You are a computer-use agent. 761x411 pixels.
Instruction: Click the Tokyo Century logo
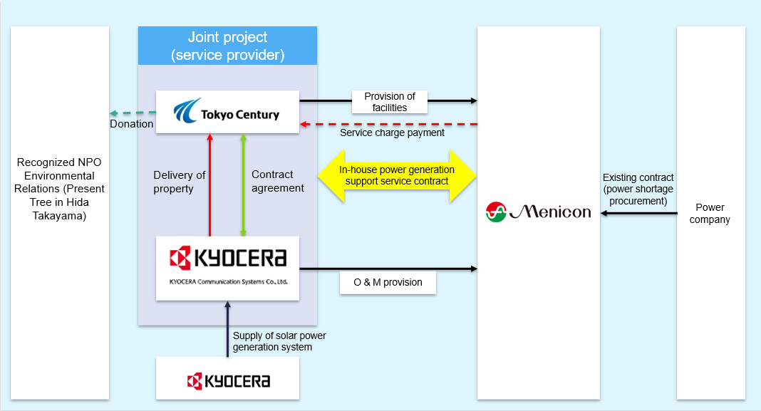pos(227,112)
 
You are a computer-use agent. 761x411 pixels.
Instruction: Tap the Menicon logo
pos(539,212)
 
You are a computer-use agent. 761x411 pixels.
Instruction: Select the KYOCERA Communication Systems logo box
pos(227,268)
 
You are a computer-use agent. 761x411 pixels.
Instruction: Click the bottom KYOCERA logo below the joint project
pos(228,380)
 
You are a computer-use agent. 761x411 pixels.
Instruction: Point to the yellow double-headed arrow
pos(397,175)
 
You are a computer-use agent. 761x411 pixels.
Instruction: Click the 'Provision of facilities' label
pos(390,102)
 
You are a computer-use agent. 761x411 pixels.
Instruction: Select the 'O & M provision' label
pos(388,282)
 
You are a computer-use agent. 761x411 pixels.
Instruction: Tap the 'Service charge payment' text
pos(392,132)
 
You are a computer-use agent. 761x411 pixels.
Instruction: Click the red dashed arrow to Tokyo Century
pos(388,124)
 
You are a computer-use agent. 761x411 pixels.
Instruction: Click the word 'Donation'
pos(131,124)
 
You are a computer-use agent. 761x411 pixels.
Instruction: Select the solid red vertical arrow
pos(210,184)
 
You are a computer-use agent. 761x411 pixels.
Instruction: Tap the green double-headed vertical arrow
pos(244,184)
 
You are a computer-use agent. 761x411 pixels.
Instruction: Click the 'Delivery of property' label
pos(180,182)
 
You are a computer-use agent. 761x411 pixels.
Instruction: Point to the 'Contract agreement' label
pos(278,182)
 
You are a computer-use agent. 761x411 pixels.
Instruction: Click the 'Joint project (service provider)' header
pos(227,46)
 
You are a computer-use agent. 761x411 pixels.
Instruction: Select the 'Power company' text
pos(710,214)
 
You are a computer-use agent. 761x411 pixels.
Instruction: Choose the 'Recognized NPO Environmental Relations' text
pos(61,189)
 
